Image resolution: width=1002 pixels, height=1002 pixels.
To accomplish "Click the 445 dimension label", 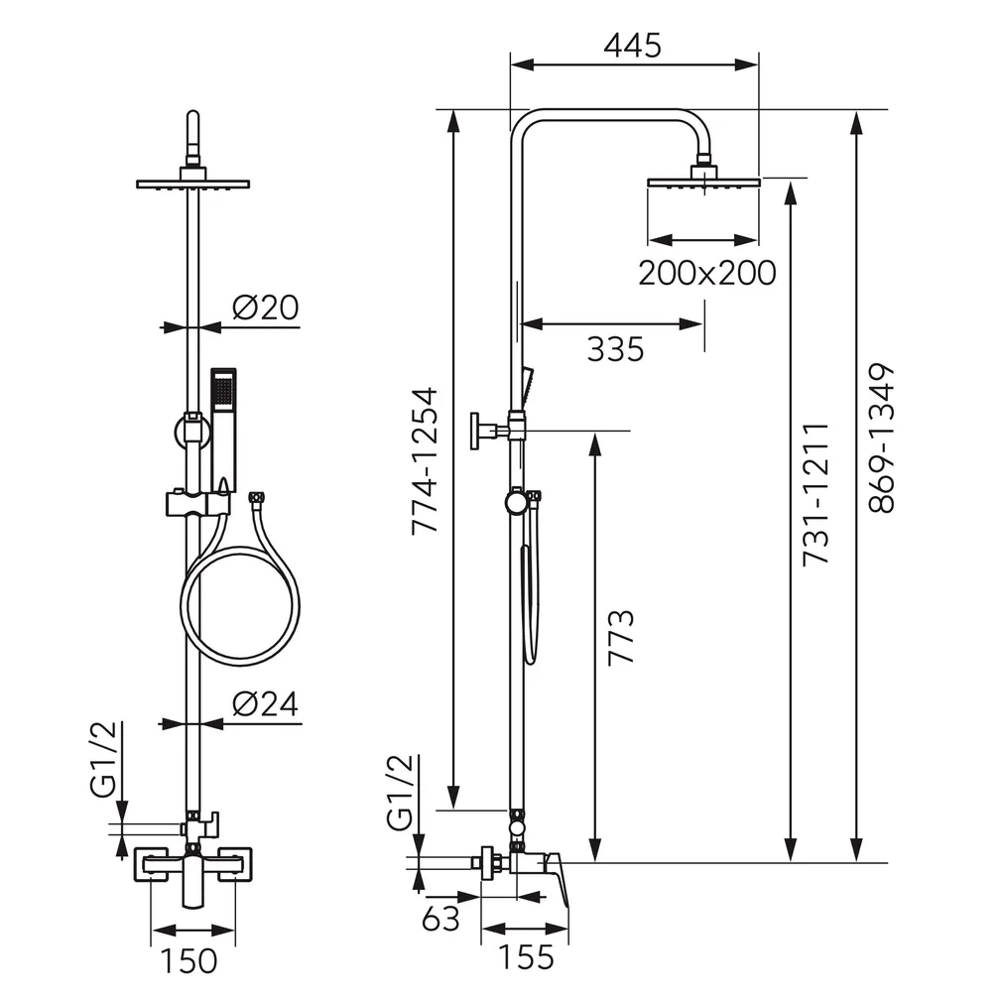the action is [x=633, y=46].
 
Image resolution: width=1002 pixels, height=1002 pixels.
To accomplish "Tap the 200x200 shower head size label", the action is [x=706, y=273].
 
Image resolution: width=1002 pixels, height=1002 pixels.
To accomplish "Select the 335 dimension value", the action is [x=615, y=349].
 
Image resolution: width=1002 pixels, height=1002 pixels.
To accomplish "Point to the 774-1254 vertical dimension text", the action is [x=425, y=460].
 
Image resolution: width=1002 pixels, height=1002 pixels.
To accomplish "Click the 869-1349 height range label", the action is [x=882, y=438].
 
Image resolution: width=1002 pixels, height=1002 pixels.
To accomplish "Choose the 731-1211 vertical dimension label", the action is [x=816, y=494].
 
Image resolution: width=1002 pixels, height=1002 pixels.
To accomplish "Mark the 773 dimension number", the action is [x=621, y=638].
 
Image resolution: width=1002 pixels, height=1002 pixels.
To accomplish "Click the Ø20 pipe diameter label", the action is [x=265, y=308].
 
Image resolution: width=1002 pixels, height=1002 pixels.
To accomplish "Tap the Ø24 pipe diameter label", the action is [x=265, y=704].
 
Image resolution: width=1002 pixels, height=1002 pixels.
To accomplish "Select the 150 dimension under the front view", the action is [x=188, y=961].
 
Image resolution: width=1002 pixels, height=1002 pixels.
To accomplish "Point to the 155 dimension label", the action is [x=525, y=956].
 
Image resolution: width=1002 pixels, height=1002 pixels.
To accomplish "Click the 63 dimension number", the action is [x=440, y=919].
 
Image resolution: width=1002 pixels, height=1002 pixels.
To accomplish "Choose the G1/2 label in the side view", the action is [x=401, y=793].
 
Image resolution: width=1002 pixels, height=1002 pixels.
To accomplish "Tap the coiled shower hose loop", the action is [x=240, y=606].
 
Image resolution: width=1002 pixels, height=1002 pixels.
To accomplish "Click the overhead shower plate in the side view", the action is [x=703, y=183].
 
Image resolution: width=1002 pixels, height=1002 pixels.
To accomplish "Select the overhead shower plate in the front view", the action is [x=193, y=185].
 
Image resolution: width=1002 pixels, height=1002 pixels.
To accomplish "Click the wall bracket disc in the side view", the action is [x=475, y=431].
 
